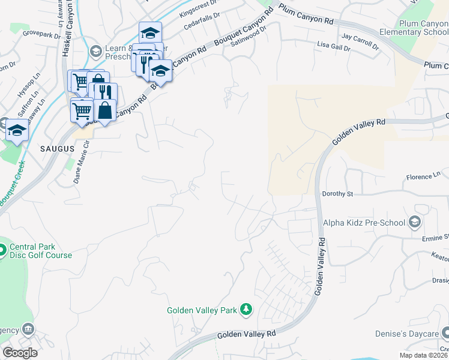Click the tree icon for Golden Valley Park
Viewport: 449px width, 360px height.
(246, 310)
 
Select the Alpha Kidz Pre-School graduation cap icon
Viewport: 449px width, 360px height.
(414, 223)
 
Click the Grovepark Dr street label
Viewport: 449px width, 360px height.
(43, 35)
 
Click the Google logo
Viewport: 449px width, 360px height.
(20, 353)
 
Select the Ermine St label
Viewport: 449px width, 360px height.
(433, 238)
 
